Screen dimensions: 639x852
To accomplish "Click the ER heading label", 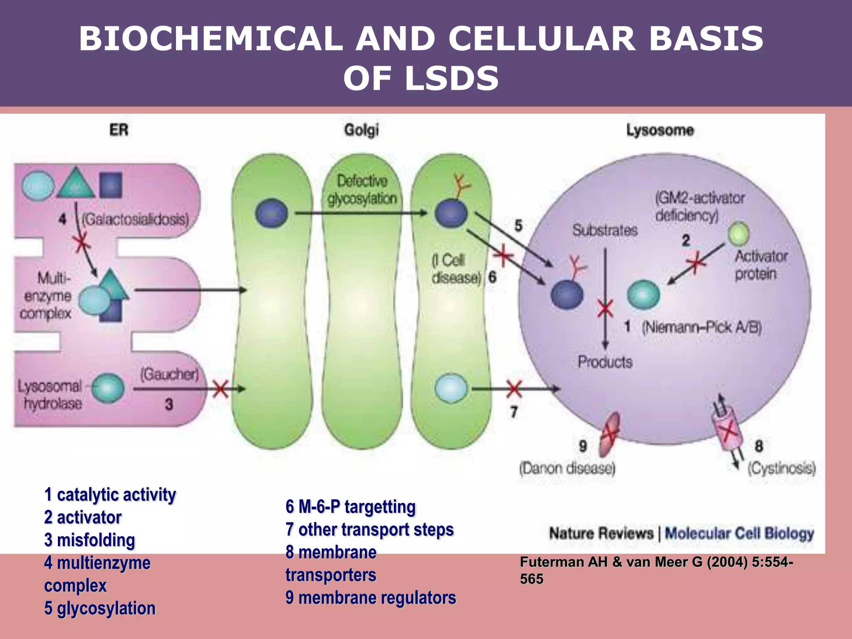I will (x=119, y=130).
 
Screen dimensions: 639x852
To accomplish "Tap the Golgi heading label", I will (x=361, y=130).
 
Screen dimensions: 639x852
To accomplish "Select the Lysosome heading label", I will (x=660, y=130).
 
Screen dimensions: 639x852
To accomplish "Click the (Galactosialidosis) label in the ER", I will (x=135, y=219).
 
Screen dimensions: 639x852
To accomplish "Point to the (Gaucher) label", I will (x=169, y=374).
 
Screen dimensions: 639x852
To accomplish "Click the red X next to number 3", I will (x=220, y=389).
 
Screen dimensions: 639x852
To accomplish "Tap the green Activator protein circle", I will (x=739, y=233).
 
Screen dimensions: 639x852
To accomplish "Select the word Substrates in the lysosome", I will (x=605, y=230).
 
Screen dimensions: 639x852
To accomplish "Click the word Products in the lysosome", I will (x=605, y=362).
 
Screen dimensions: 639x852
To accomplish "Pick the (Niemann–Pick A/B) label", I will (x=701, y=328).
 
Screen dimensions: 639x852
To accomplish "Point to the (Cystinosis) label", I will (x=781, y=468).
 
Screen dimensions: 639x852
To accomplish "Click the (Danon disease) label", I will (x=567, y=468).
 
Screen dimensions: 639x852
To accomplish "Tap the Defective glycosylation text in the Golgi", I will (x=362, y=190).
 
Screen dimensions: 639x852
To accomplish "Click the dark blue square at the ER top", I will (x=111, y=185).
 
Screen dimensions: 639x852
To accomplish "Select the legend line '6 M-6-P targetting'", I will (x=350, y=507).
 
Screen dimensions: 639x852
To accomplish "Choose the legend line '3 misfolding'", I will (x=89, y=540).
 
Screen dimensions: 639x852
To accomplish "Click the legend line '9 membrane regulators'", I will (x=371, y=598).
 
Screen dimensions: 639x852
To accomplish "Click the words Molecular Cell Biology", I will (x=739, y=533).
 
